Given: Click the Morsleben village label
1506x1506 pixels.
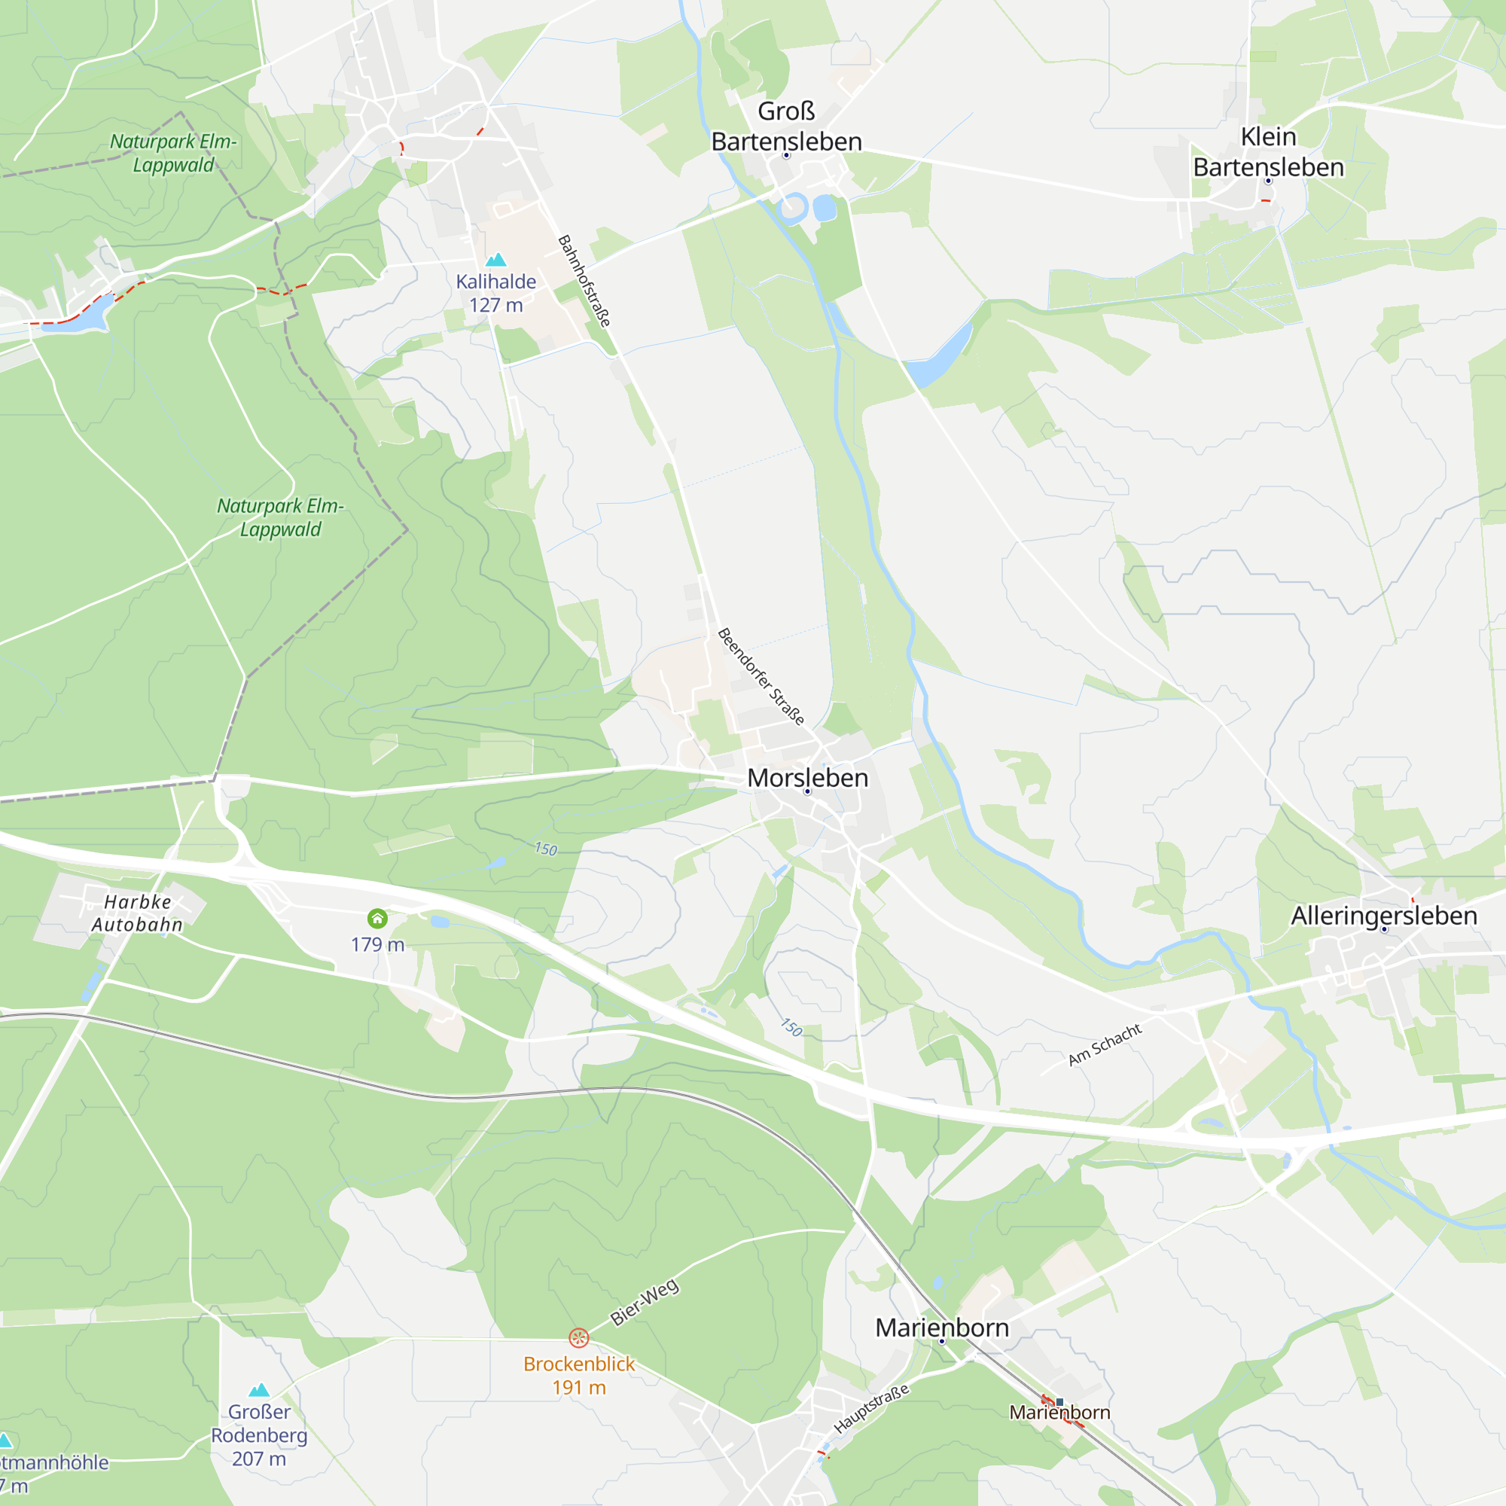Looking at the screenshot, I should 807,778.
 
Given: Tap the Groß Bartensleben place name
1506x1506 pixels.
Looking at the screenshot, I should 787,127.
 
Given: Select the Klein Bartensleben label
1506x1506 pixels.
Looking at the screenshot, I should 1268,152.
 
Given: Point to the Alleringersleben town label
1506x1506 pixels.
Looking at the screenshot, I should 1383,915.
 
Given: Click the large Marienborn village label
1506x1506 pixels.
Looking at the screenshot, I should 942,1328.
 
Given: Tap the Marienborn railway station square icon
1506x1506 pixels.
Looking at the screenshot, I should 1059,1402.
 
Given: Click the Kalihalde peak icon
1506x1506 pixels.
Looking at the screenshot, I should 495,260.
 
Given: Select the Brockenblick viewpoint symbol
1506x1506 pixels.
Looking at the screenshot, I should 578,1337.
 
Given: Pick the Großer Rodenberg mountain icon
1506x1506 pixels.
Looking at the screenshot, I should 259,1390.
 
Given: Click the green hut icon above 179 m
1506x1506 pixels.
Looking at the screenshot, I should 377,918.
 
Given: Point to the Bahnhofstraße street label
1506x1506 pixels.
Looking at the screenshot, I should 584,281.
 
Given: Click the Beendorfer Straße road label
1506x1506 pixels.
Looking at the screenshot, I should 760,676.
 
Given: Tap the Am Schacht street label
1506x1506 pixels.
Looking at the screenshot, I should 1105,1044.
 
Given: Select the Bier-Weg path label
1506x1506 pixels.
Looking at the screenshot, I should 644,1302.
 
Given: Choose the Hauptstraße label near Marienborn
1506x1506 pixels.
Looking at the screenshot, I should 871,1409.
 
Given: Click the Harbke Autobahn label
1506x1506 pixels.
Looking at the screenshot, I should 137,913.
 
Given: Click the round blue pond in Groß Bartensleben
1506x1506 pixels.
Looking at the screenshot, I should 824,208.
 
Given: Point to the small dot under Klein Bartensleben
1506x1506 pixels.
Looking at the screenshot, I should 1268,181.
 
